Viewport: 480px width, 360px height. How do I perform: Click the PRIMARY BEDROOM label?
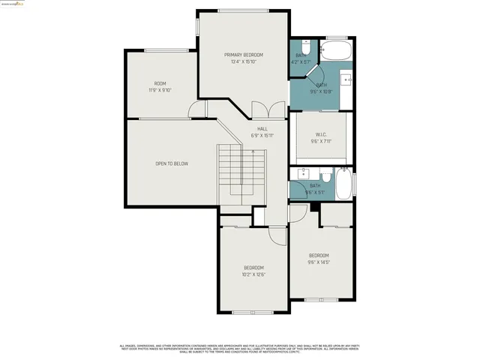[243, 55]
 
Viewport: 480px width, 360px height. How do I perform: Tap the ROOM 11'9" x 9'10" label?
[160, 83]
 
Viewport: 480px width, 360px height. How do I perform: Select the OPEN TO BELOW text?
[172, 163]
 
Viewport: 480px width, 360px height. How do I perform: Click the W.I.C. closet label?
[320, 134]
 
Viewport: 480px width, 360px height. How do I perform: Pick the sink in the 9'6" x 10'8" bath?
[347, 78]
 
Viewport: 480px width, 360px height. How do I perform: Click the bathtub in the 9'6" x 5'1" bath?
[343, 183]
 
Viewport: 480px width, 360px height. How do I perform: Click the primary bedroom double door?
[268, 110]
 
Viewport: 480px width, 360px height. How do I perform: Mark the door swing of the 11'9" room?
[196, 111]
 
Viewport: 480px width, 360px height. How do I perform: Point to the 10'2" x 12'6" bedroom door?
[277, 234]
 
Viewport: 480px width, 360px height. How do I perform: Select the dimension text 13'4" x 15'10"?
[243, 61]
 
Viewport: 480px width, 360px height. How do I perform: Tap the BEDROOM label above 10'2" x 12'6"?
[253, 268]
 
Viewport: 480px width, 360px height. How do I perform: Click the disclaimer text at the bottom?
[240, 348]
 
